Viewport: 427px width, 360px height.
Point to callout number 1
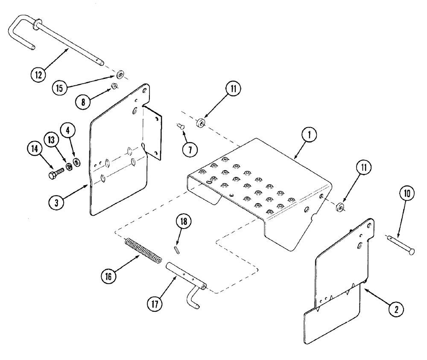[310, 135]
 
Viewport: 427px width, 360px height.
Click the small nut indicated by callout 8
[114, 87]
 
